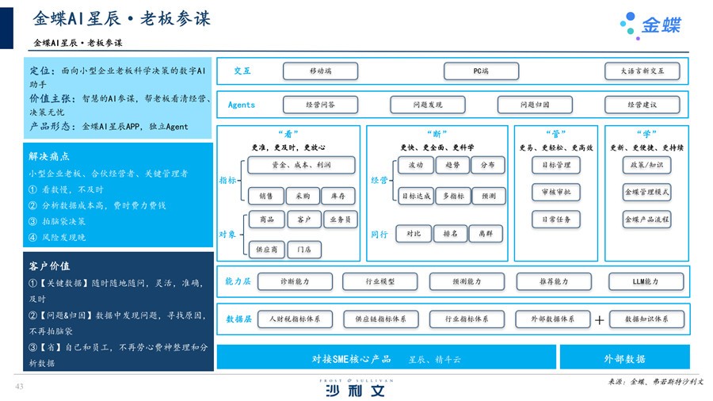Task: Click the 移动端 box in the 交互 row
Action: click(x=320, y=71)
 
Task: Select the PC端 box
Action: click(x=481, y=71)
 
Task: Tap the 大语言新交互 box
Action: click(x=642, y=71)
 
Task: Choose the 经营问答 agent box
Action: click(x=320, y=105)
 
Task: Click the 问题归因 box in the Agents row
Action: click(x=534, y=105)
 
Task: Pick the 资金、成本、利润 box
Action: click(x=301, y=166)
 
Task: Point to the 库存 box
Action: click(x=337, y=196)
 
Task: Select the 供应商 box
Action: click(x=266, y=250)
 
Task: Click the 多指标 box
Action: click(x=453, y=196)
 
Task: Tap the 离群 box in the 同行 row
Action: click(x=486, y=234)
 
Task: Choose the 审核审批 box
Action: click(x=556, y=193)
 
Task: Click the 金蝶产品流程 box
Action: click(x=647, y=220)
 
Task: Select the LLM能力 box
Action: click(x=646, y=281)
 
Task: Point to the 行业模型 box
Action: click(x=380, y=281)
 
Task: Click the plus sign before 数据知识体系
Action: click(x=600, y=320)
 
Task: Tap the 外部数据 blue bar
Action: click(x=624, y=358)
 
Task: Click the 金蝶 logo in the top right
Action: click(x=651, y=25)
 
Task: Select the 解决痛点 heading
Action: click(x=49, y=157)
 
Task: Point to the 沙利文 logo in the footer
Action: click(x=356, y=390)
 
